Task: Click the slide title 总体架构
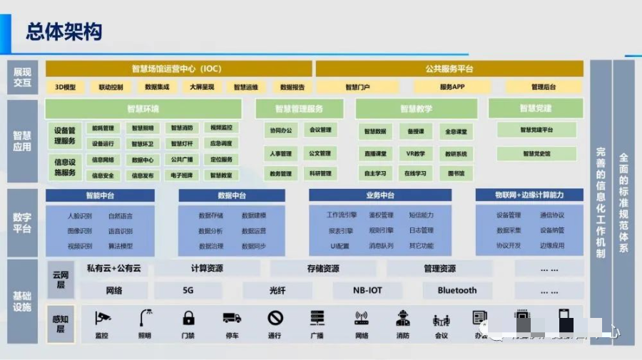[x=64, y=31]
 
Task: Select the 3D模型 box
[x=65, y=87]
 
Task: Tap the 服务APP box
[x=452, y=87]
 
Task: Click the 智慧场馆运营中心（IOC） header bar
[x=178, y=69]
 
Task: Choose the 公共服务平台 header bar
[x=449, y=69]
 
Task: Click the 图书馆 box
[x=457, y=173]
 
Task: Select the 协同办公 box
[x=281, y=130]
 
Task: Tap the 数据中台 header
[x=232, y=195]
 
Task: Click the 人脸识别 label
[x=79, y=215]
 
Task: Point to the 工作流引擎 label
[x=340, y=215]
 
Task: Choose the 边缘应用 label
[x=551, y=245]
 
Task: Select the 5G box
[x=188, y=290]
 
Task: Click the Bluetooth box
[x=457, y=290]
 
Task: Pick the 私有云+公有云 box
[x=113, y=269]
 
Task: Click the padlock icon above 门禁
[x=188, y=318]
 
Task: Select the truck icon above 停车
[x=232, y=318]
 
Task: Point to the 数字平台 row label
[x=22, y=223]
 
